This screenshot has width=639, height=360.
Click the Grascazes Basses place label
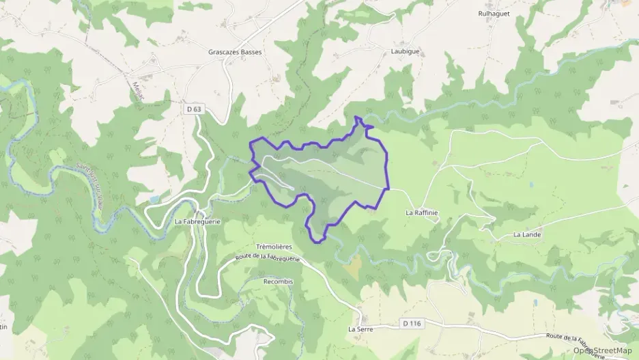point(235,52)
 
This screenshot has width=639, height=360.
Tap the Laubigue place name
point(405,51)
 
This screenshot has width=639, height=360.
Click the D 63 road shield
point(194,109)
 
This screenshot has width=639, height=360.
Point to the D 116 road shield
point(411,323)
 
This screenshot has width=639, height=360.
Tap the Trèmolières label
point(274,246)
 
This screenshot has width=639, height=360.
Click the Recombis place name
point(278,281)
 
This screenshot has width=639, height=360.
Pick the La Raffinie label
point(421,212)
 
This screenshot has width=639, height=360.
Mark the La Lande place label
point(527,234)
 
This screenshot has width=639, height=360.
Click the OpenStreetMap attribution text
point(603,350)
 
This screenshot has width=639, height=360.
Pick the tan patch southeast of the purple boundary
point(352,266)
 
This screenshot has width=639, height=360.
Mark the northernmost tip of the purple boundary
point(357,117)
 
